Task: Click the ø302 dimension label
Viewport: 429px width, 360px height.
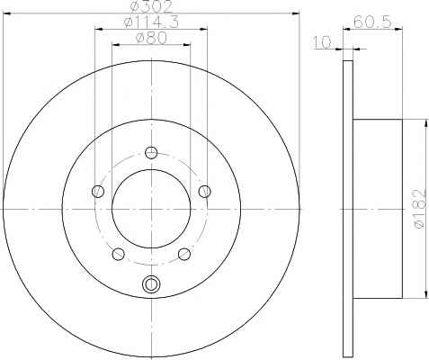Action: pos(151,6)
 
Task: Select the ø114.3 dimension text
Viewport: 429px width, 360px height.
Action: pos(151,22)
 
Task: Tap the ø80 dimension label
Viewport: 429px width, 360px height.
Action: pos(151,39)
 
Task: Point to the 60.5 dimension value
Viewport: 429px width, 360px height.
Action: pos(372,22)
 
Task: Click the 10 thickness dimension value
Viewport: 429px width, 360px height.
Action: pos(322,42)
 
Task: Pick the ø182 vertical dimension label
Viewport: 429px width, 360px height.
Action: pos(419,209)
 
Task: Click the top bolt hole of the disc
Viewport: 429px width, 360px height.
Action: pos(151,152)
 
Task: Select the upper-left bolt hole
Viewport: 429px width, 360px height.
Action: pos(98,192)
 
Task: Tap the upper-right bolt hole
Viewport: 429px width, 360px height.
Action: pos(205,192)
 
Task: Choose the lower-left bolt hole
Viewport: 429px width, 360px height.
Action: pos(118,254)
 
